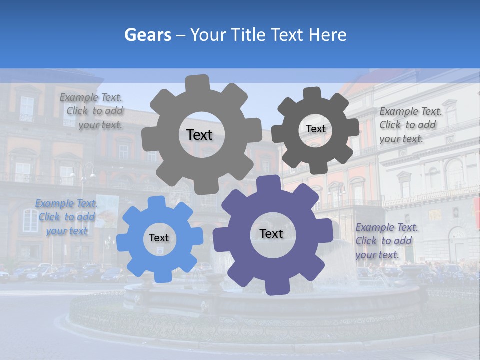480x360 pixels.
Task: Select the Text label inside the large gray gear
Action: (199, 135)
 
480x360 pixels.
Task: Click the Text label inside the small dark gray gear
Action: (315, 129)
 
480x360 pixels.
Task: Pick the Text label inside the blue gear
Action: (159, 238)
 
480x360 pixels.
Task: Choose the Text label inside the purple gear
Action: (271, 233)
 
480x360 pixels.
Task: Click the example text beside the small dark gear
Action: (410, 125)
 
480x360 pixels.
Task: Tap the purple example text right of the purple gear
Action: (386, 241)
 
